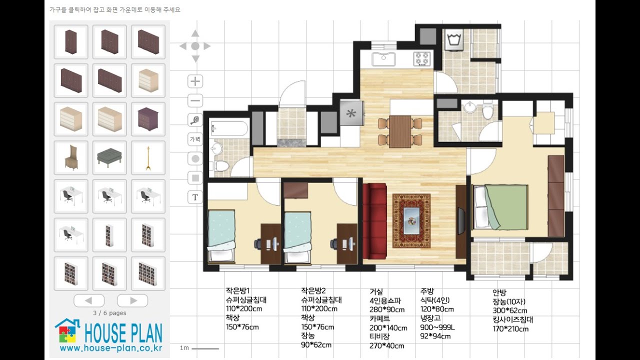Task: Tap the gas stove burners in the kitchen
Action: click(421, 58)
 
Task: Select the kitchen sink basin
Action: click(383, 59)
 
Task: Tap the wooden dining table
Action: click(400, 131)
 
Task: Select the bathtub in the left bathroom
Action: click(229, 129)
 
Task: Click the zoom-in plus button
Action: click(195, 81)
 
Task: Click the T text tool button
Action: click(195, 197)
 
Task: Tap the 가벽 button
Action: click(195, 139)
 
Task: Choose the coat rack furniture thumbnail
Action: click(148, 158)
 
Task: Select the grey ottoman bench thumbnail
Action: click(109, 158)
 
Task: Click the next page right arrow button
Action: click(132, 300)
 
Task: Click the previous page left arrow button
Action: click(89, 300)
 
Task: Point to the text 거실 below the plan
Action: click(376, 291)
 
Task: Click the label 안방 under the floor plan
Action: click(499, 292)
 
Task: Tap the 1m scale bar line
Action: click(205, 348)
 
